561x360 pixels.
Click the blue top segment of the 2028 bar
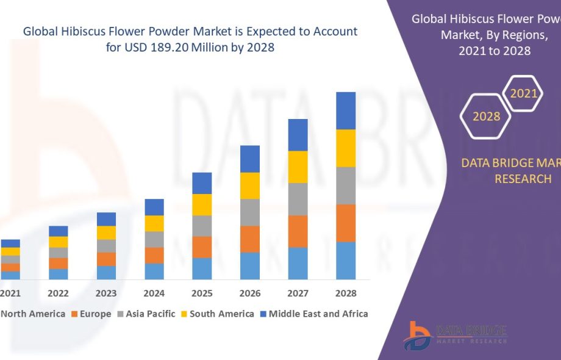[346, 110]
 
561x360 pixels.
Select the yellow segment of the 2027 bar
[298, 167]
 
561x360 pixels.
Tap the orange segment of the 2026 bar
[250, 239]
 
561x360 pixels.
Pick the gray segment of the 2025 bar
[202, 226]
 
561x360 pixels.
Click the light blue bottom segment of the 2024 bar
[154, 271]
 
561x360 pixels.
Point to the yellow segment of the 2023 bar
[106, 232]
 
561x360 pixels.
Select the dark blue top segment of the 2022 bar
[59, 231]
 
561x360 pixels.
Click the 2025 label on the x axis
[202, 293]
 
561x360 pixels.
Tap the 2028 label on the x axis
[346, 293]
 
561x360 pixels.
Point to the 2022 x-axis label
[59, 293]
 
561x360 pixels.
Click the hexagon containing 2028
[486, 116]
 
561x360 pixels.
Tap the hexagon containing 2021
[523, 93]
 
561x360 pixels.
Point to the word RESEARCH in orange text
[523, 179]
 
